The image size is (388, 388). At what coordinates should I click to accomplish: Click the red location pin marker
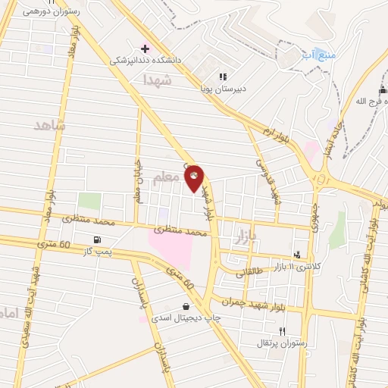point(194,179)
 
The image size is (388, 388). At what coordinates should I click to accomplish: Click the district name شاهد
point(50,125)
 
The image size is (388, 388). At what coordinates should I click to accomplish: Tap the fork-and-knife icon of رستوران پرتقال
point(283,331)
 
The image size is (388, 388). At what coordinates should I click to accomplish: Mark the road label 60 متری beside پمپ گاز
point(54,245)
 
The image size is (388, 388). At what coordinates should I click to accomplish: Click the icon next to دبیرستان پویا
point(223,76)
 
